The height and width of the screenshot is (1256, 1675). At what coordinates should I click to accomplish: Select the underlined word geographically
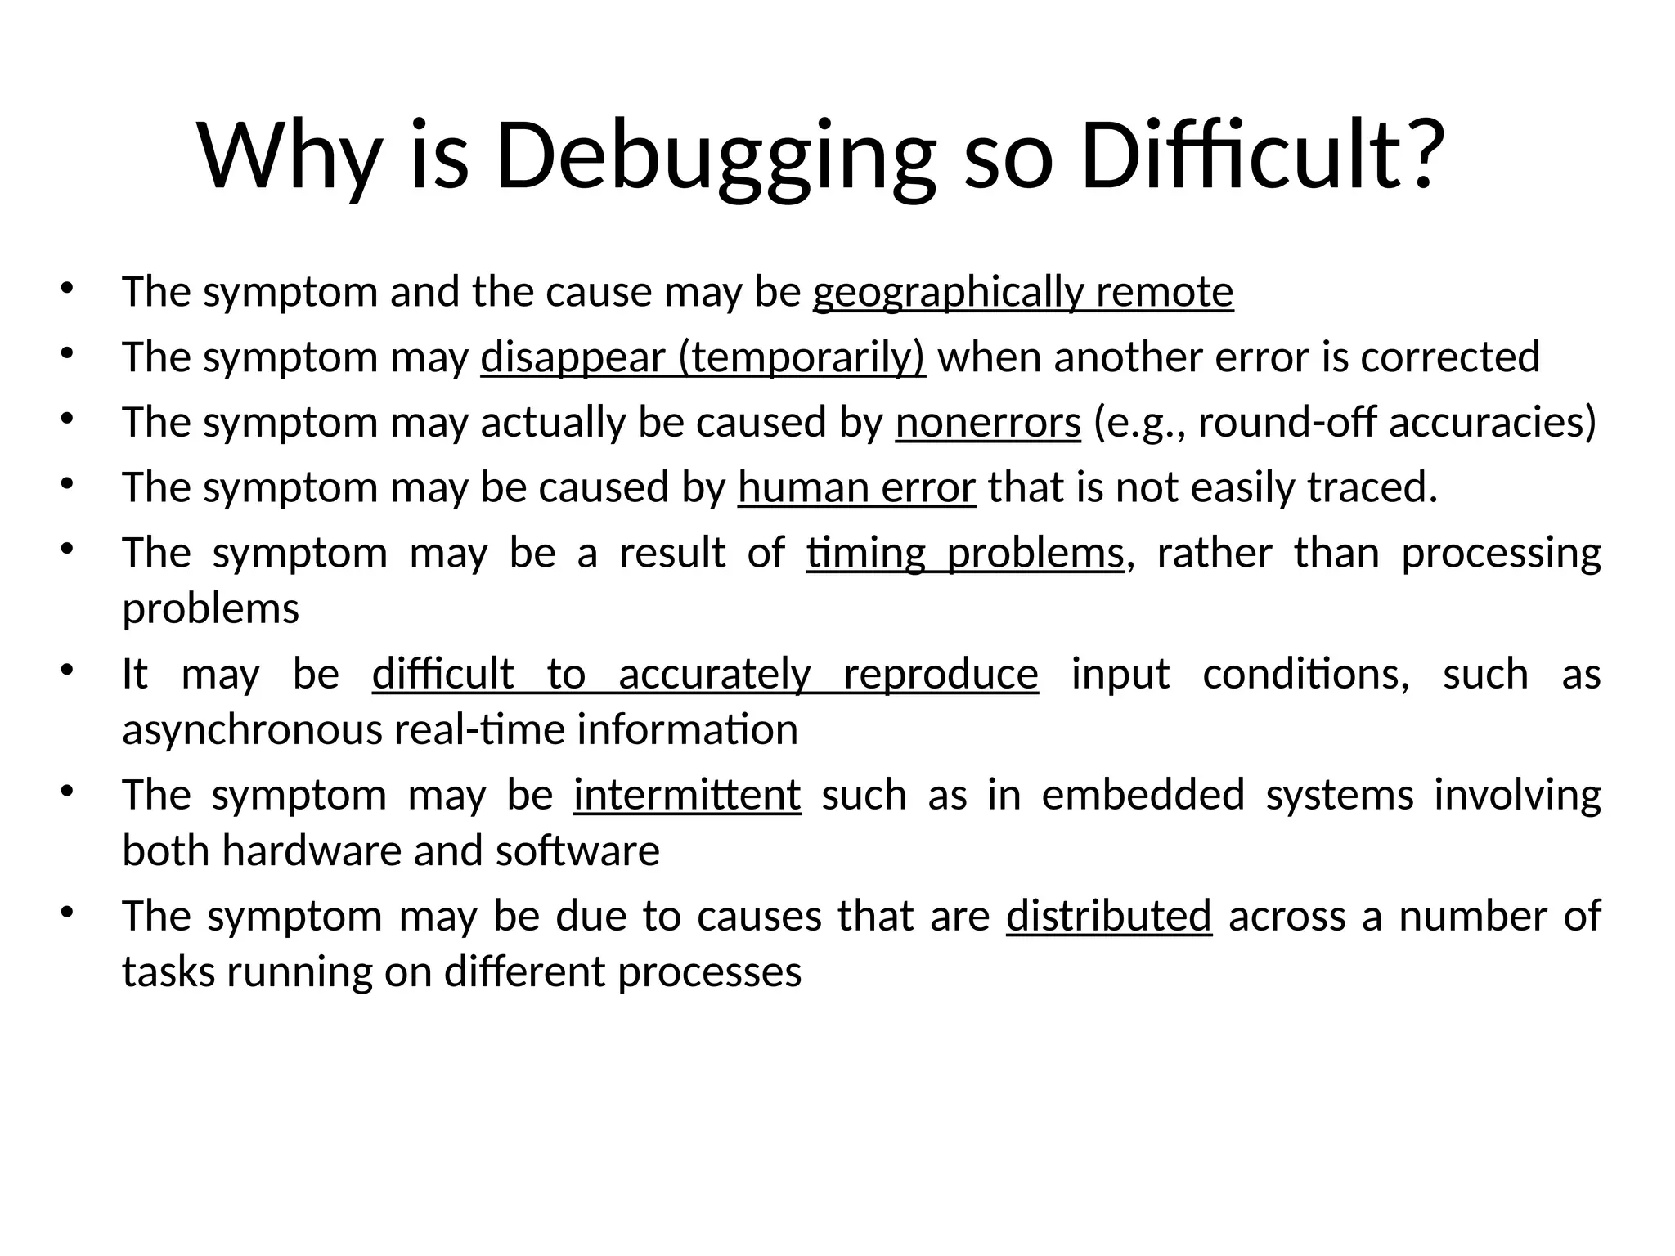click(948, 292)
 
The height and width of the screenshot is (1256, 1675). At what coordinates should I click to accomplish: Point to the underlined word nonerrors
click(988, 423)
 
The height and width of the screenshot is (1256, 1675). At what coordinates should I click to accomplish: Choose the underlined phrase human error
click(856, 488)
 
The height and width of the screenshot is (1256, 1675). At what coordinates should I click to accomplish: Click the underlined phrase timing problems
click(965, 554)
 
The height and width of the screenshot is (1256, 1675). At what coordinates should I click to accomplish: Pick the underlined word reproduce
click(941, 675)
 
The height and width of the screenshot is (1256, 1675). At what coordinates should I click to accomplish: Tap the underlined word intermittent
click(687, 796)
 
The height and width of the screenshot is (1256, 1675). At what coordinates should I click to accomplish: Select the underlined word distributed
click(1108, 916)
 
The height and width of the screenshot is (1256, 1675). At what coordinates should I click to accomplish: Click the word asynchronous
click(252, 730)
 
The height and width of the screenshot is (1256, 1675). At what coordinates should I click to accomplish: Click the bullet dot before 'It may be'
click(66, 671)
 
